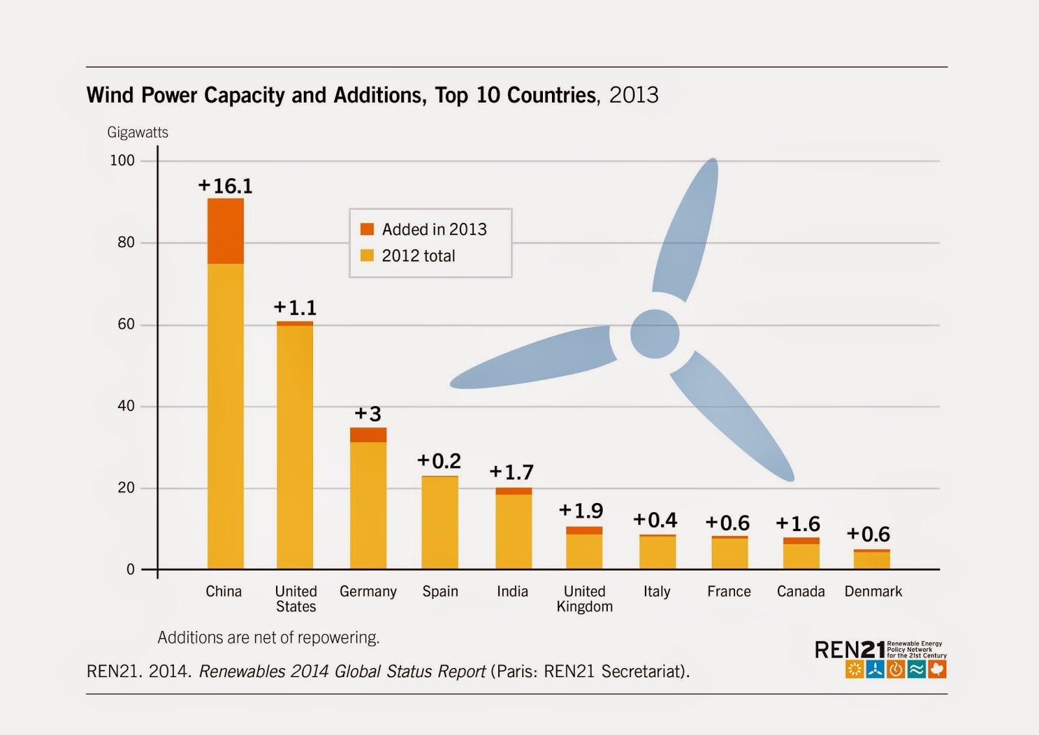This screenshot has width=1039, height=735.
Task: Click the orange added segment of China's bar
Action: [x=225, y=231]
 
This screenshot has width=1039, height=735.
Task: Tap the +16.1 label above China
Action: [x=225, y=187]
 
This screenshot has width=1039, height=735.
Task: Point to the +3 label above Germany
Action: [x=368, y=414]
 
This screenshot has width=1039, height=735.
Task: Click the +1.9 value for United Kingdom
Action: [x=581, y=511]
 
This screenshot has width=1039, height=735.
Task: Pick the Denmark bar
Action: [x=871, y=560]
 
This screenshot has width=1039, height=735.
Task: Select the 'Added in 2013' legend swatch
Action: [x=367, y=229]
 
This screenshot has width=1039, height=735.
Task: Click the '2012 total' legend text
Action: [x=418, y=256]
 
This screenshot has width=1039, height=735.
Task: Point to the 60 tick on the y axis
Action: [x=126, y=324]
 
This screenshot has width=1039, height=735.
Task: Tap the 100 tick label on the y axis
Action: [x=122, y=161]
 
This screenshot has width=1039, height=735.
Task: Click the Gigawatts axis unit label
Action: [x=138, y=133]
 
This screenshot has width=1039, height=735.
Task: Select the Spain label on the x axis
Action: [x=440, y=591]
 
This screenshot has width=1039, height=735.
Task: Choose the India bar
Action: [x=514, y=530]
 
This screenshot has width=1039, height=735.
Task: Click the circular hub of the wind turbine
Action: [x=655, y=334]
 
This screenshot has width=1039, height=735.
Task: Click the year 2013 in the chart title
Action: [x=634, y=96]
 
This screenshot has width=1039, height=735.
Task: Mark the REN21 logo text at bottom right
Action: [x=849, y=649]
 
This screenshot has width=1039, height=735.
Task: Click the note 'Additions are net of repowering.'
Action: [x=268, y=638]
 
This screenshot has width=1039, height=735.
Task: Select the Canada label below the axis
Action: [x=801, y=591]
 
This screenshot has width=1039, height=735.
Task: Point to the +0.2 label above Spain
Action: [x=439, y=461]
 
